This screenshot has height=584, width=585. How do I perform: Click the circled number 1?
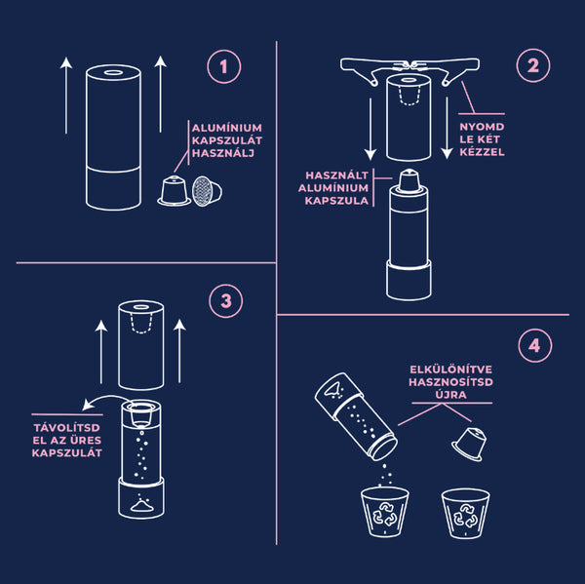(x=225, y=67)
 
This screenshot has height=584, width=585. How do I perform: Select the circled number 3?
(x=226, y=301)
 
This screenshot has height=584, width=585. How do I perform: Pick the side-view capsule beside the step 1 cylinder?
(x=173, y=192)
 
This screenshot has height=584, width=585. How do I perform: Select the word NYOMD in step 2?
(x=481, y=128)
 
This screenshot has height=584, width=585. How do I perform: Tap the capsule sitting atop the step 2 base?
(x=409, y=180)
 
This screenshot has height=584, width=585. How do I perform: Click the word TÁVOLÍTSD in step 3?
(x=69, y=426)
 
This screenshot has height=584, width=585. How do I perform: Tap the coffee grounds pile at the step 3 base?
(x=143, y=505)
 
